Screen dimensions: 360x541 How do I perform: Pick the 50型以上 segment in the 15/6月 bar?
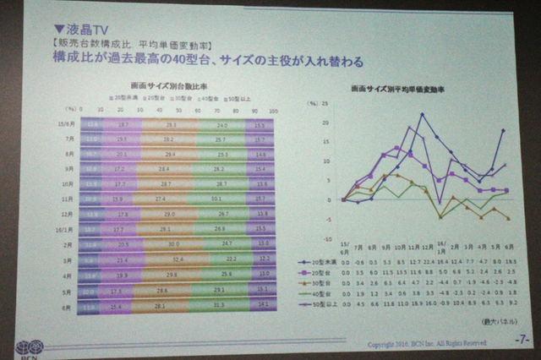[x=257, y=125]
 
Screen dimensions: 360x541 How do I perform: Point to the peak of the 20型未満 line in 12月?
[x=423, y=114]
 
